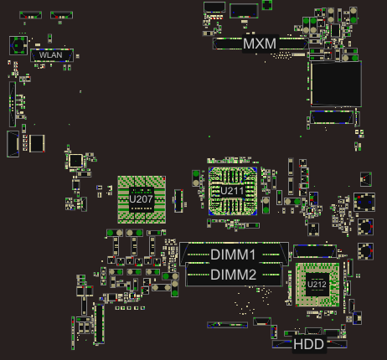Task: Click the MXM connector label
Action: (x=260, y=44)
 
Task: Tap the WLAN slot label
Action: (x=50, y=55)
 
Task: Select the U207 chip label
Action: (x=141, y=199)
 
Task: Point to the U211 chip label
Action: (x=232, y=191)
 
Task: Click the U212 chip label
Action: (x=317, y=285)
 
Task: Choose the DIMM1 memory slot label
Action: (x=233, y=255)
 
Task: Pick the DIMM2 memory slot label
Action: (x=233, y=275)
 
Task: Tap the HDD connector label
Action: (x=308, y=344)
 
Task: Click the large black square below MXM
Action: (x=336, y=84)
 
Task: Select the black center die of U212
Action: (x=317, y=285)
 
